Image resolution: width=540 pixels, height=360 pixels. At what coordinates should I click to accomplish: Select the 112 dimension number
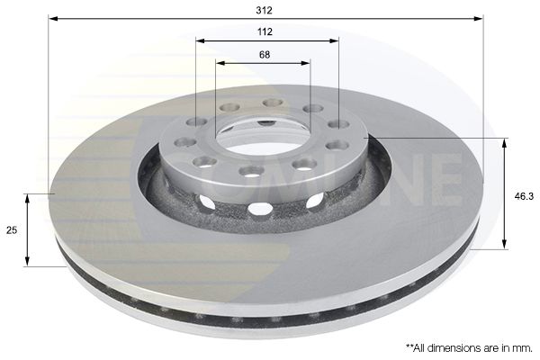(x=265, y=31)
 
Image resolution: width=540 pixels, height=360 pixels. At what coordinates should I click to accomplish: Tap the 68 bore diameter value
(x=265, y=54)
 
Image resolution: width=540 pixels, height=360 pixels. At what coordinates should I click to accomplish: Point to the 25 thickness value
(x=12, y=230)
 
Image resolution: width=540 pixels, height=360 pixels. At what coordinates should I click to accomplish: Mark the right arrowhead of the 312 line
(x=479, y=18)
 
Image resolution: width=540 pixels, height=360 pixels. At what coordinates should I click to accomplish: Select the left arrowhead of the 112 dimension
(x=201, y=40)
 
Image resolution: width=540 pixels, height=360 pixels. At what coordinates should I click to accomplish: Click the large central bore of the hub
(x=262, y=135)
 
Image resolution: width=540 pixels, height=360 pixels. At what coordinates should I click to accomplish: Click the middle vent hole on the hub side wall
(x=260, y=209)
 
